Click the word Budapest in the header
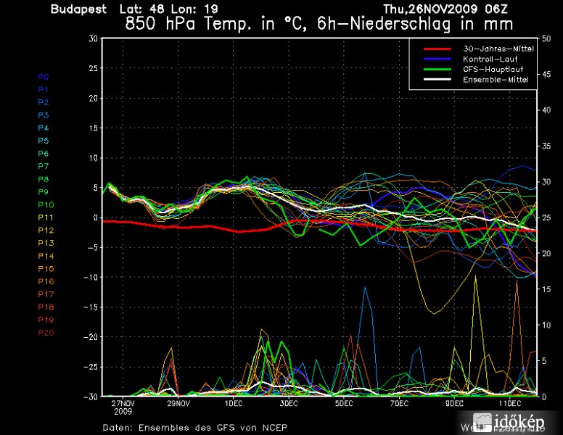tap(78, 9)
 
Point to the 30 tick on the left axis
tap(94, 38)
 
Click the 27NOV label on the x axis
tap(123, 403)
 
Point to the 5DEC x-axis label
tap(344, 403)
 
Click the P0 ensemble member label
tap(43, 76)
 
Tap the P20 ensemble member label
tap(45, 333)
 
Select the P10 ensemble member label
tap(45, 204)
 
